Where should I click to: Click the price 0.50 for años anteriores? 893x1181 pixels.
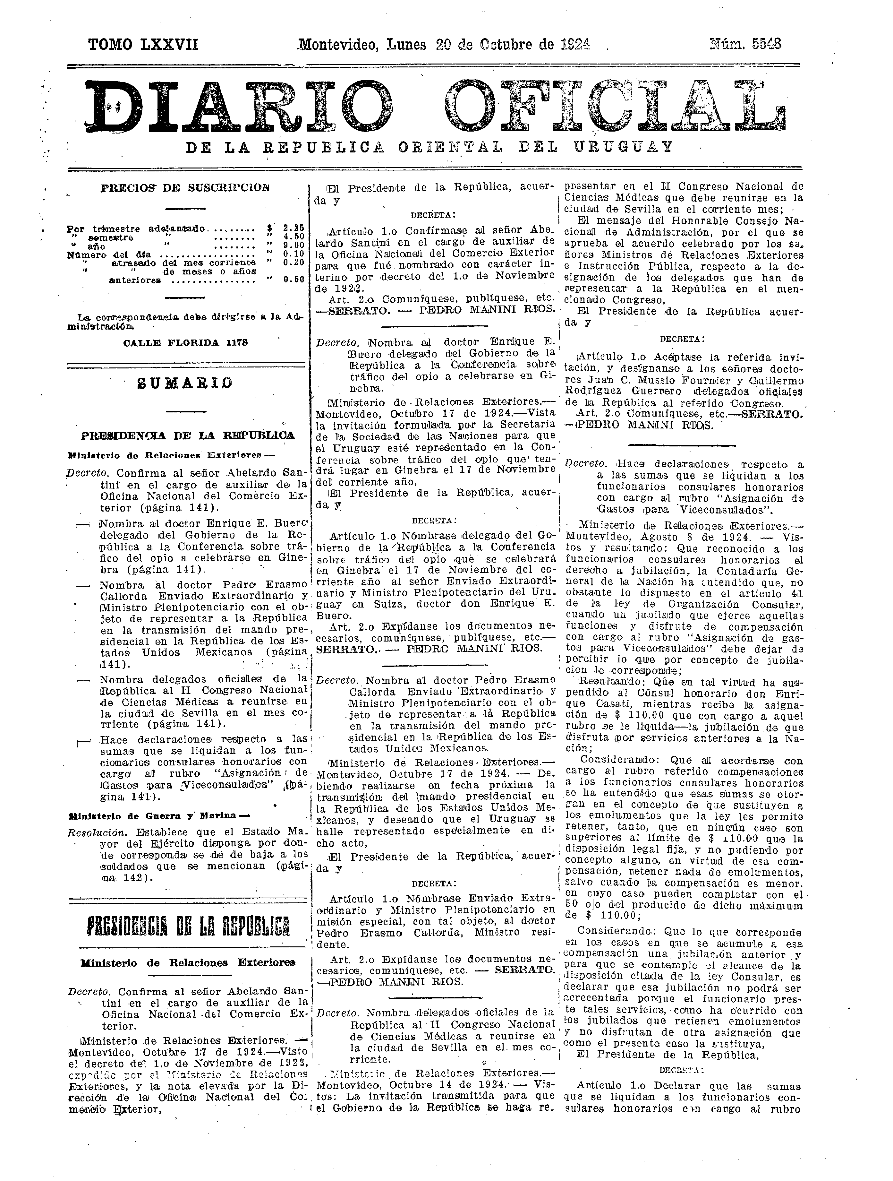pyautogui.click(x=293, y=279)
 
